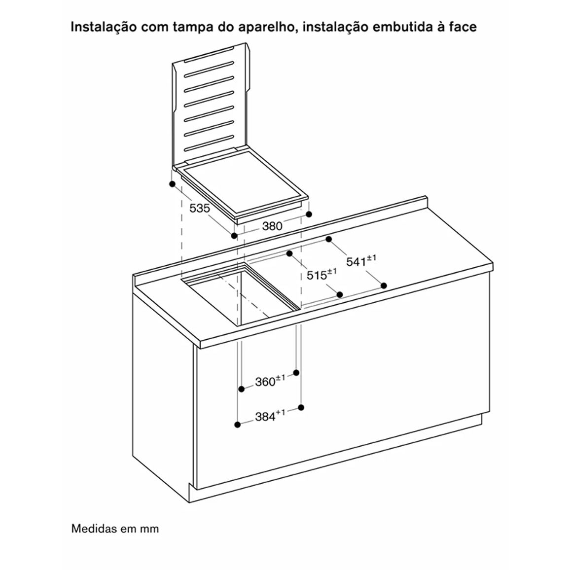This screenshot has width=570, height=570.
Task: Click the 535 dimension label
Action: pos(200,208)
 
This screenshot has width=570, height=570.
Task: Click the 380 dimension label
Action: pos(272,226)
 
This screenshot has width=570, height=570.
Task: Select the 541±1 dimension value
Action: pos(361,261)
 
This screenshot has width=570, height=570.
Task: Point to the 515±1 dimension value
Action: pos(321,274)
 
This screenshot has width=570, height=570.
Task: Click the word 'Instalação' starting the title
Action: pos(104,28)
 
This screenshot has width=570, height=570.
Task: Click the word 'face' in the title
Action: pos(463,27)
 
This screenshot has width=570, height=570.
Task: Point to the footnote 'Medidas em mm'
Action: pos(115,528)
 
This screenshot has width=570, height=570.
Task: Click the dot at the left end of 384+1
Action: pos(238,424)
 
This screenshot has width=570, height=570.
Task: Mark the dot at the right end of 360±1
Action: pos(296,373)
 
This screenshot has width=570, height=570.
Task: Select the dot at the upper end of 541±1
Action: pos(329,239)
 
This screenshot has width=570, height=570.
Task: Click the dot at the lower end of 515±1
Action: pos(340,294)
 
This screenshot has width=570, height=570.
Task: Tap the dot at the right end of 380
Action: pos(309,214)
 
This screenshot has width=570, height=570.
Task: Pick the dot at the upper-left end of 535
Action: pos(172,184)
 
